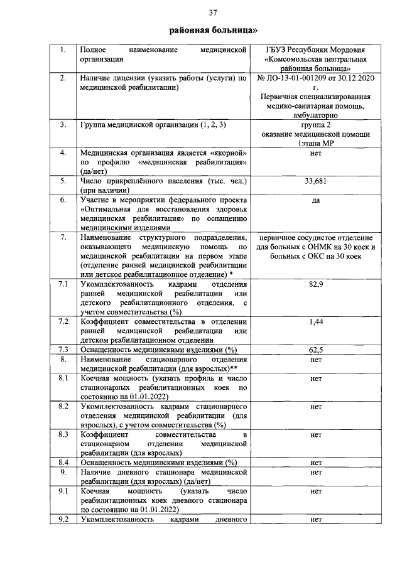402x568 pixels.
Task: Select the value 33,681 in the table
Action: [316, 181]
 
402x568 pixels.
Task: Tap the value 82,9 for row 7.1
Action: [316, 285]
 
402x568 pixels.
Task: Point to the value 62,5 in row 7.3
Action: [316, 349]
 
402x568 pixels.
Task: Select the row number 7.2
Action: [63, 321]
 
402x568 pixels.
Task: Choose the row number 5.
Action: [63, 181]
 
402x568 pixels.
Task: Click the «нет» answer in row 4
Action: [316, 153]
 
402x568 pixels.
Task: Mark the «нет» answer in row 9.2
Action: [316, 519]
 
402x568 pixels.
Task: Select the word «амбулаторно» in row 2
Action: [316, 115]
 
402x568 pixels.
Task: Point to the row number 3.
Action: [63, 125]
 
